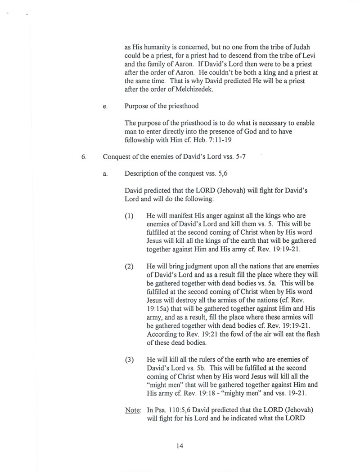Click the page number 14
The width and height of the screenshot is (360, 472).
pos(180,446)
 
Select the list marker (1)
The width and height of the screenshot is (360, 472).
pos(130,216)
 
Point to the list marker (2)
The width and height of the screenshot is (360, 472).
pos(130,267)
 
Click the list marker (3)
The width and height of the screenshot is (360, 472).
pos(130,361)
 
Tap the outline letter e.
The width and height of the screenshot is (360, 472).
pos(105,107)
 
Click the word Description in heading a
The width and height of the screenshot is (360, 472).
pos(143,174)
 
